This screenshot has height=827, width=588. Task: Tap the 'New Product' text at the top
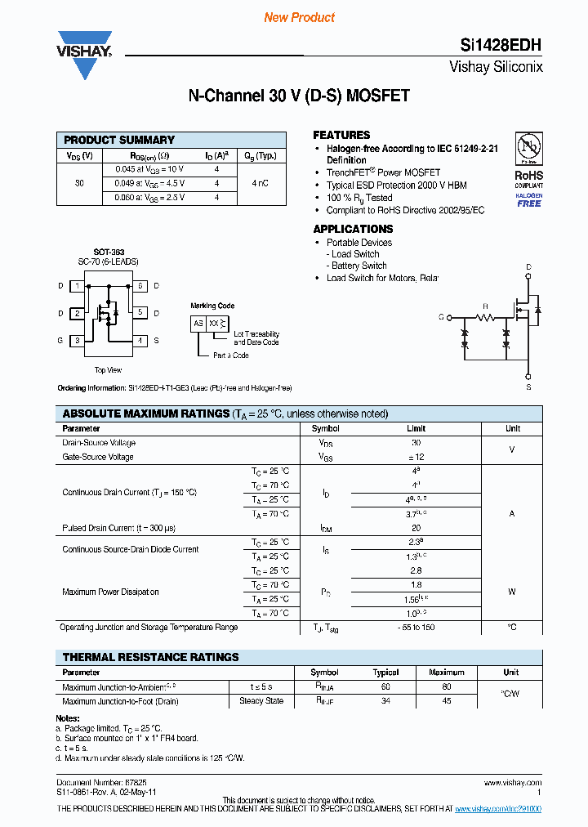click(299, 17)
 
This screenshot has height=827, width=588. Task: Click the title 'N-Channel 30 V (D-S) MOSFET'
click(299, 96)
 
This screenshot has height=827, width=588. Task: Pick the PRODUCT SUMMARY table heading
click(119, 140)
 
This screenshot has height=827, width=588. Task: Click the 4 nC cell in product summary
click(261, 183)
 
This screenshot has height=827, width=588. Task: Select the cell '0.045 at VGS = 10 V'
click(149, 169)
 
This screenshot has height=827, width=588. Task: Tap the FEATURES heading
click(341, 135)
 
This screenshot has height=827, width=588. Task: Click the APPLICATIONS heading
click(353, 229)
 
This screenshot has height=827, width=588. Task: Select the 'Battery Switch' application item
click(359, 266)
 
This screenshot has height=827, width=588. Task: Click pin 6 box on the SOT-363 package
click(140, 286)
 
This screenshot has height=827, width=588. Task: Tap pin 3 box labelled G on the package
click(77, 340)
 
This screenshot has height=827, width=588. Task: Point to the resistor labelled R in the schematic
click(485, 316)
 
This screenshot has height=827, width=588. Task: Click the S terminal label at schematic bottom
click(528, 387)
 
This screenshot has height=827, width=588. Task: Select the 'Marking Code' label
click(212, 306)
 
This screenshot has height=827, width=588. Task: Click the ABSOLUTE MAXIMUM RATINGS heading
click(145, 413)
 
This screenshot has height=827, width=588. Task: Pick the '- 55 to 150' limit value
click(416, 628)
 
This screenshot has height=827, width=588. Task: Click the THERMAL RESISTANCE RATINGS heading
click(150, 657)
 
